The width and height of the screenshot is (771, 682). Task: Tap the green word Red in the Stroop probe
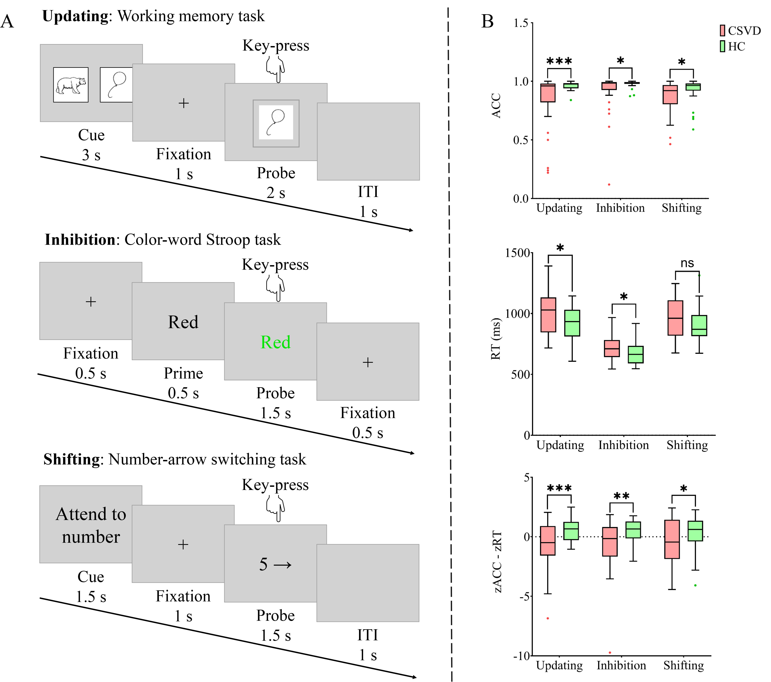point(275,342)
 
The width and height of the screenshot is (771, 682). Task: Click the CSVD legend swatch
point(722,31)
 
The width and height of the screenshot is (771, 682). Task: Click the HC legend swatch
point(722,46)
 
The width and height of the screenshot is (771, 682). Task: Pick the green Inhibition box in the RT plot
point(636,355)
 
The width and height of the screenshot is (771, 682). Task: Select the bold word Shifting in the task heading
point(71,460)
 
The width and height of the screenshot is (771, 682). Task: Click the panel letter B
point(487,22)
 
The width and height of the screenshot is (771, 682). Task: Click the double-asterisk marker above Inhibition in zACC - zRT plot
point(621,496)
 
